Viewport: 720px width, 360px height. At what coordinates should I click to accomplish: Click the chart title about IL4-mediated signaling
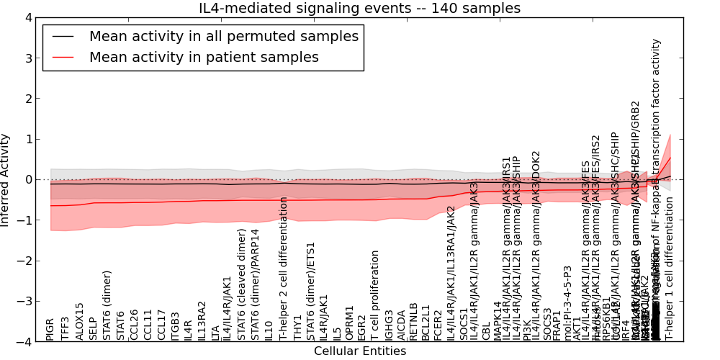[359, 8]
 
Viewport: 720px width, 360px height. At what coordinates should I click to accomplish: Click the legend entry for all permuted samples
[223, 35]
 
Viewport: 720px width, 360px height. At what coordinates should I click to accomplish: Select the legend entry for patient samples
[204, 57]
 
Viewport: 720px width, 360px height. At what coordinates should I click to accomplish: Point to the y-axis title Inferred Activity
[6, 180]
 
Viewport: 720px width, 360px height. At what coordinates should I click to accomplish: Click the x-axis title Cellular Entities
[359, 351]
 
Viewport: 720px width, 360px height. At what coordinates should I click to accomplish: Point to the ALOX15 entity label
[79, 321]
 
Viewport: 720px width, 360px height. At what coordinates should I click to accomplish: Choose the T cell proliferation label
[375, 295]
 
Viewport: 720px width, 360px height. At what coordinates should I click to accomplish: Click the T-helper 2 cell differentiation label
[284, 269]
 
